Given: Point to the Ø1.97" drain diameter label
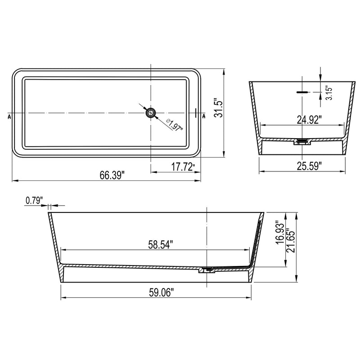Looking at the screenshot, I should (x=174, y=125).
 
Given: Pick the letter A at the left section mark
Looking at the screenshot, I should (x=9, y=116).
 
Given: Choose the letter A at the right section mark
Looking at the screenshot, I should (x=204, y=116).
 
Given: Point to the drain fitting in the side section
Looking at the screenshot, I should (x=207, y=270).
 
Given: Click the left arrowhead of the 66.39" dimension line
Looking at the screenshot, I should (x=13, y=180).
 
